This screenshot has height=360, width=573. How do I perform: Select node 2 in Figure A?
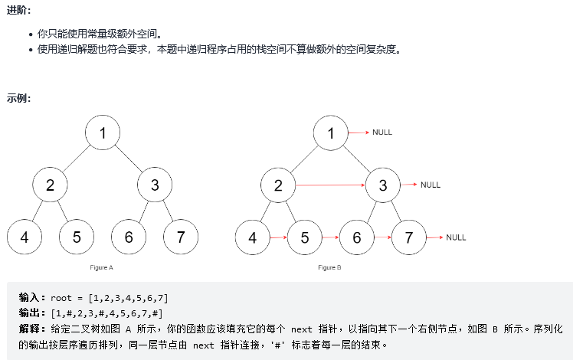tap(51, 185)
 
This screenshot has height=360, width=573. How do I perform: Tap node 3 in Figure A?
tap(155, 185)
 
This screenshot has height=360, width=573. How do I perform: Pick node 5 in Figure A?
tap(77, 237)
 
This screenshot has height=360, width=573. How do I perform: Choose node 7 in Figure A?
tap(181, 237)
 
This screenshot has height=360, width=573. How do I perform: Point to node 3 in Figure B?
tap(382, 185)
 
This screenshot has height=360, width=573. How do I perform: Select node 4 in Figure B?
tap(253, 237)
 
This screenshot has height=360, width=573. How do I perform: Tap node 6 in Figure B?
tap(356, 237)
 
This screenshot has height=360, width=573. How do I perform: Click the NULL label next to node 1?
tap(381, 133)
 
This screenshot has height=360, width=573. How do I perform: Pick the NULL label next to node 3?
tap(431, 185)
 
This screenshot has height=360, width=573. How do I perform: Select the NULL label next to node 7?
tap(456, 237)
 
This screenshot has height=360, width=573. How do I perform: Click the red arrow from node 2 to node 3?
tap(330, 185)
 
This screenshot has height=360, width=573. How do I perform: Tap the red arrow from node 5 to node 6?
tap(330, 237)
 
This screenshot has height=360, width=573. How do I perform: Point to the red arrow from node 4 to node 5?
tap(279, 237)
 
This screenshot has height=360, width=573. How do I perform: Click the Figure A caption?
tap(101, 267)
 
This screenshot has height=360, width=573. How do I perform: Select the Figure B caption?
tap(329, 267)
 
